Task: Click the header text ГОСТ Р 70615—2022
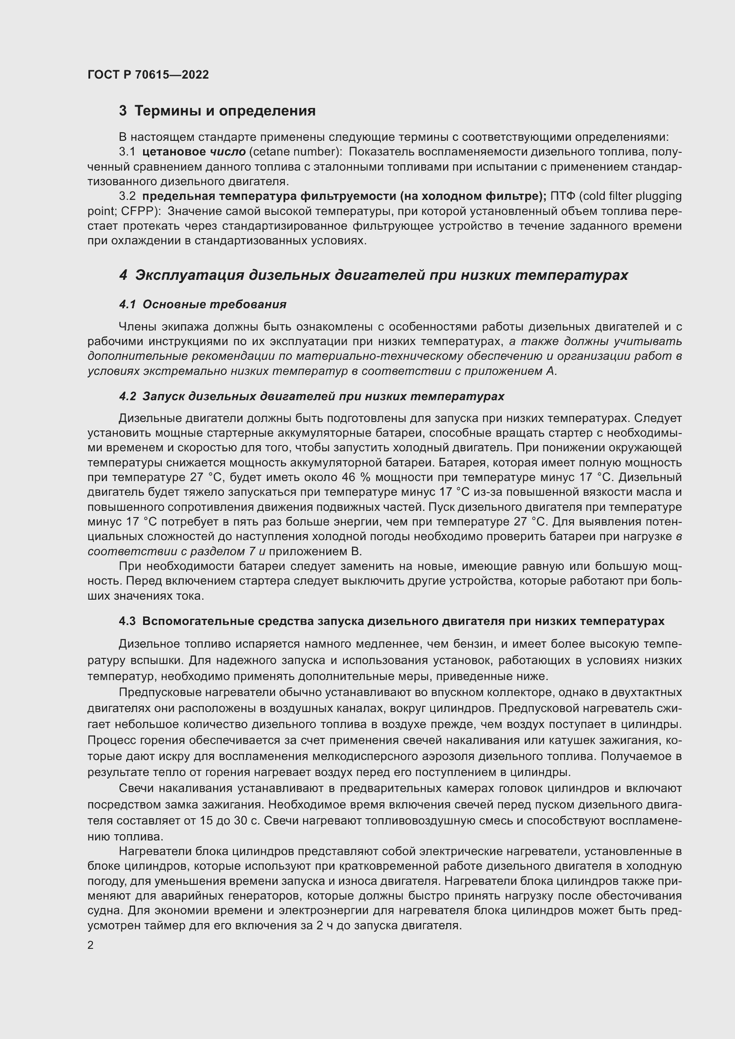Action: click(148, 75)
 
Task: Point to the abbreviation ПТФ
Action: click(563, 196)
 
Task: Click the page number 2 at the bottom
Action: click(91, 945)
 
